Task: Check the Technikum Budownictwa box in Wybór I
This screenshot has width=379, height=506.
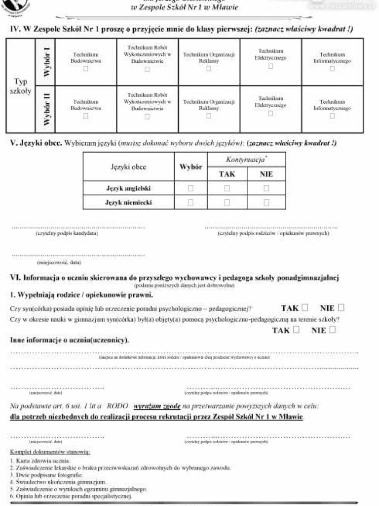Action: pos(85,69)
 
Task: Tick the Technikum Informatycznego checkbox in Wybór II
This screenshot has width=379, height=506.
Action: pos(332,116)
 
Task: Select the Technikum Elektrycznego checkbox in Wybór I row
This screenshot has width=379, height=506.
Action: pos(270,66)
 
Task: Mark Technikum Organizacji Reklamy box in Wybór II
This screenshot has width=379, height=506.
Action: pos(209,116)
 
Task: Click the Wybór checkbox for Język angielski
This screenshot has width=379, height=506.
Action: pos(190,188)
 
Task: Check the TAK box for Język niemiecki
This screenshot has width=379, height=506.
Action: pos(227,202)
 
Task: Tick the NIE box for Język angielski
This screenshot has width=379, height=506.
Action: pos(266,188)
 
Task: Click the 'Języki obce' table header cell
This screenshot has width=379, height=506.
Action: pos(128,167)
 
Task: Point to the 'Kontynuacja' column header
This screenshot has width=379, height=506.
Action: pos(246,160)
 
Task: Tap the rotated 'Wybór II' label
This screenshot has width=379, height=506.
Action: pos(45,109)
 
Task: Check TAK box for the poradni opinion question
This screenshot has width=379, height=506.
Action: pos(304,307)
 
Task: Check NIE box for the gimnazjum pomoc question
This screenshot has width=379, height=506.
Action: pos(332,330)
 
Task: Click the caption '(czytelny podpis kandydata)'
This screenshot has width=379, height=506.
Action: pos(67,233)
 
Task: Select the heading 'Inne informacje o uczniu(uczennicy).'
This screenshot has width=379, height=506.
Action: pos(70,340)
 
